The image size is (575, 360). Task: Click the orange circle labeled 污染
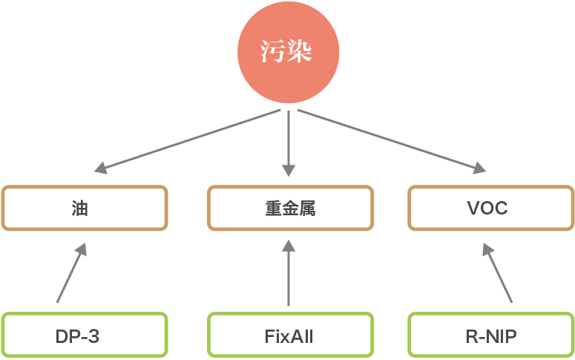click(288, 53)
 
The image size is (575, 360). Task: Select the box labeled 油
click(84, 208)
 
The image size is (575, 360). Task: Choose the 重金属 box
click(289, 208)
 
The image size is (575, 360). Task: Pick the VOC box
click(491, 208)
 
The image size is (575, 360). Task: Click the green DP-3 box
click(84, 336)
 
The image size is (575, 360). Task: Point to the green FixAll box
click(289, 336)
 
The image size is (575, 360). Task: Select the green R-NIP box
click(491, 336)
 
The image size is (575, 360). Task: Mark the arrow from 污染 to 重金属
click(289, 141)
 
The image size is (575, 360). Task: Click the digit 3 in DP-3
click(93, 336)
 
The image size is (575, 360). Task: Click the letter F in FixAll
click(269, 336)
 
